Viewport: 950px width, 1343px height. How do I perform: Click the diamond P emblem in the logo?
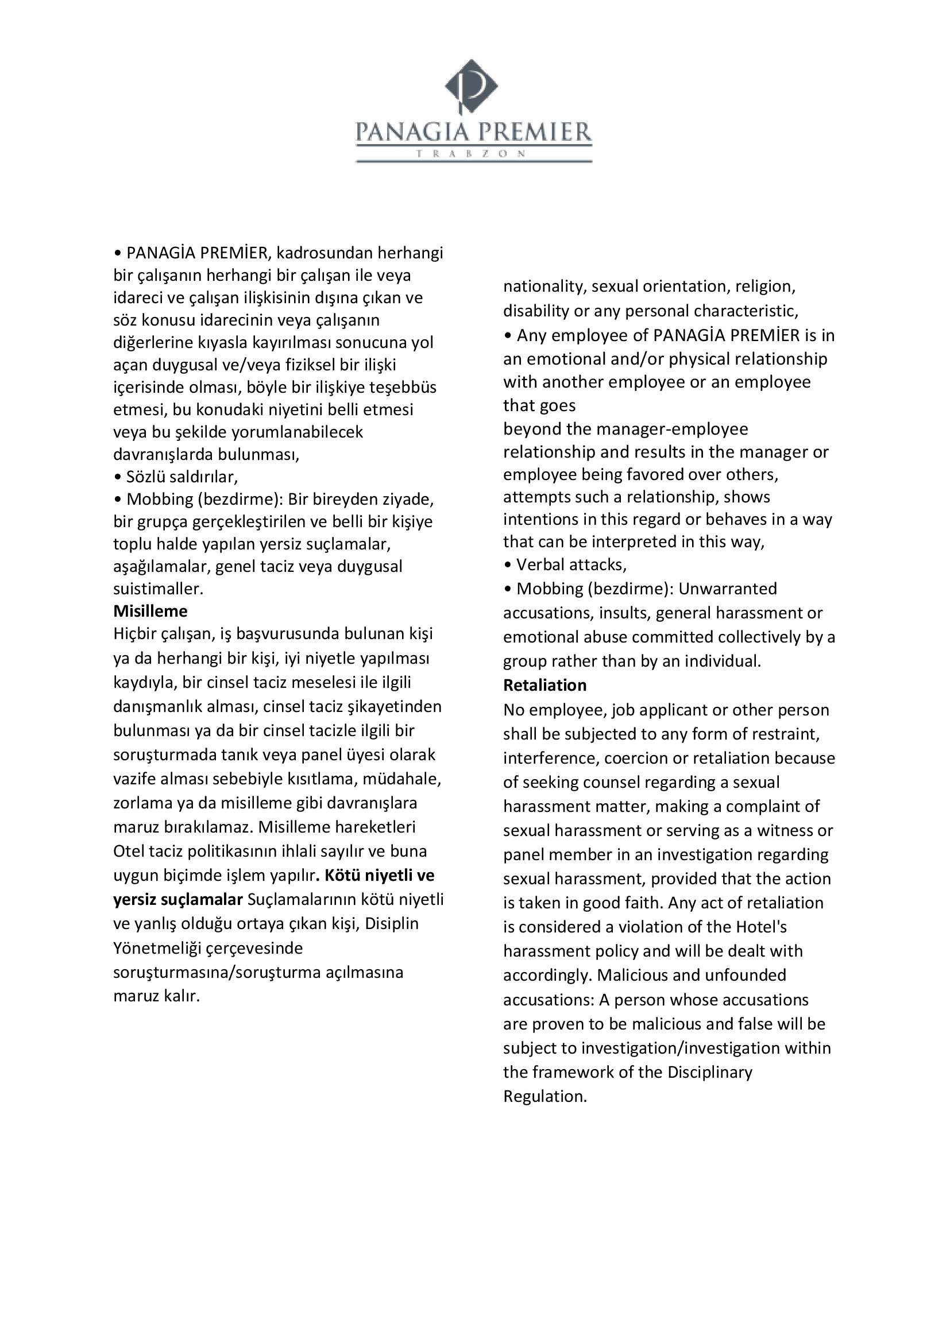coord(471,86)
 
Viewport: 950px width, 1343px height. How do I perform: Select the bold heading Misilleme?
coord(150,611)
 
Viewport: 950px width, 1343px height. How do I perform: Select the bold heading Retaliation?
coord(544,685)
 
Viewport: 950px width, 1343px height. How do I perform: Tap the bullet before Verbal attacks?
coord(508,565)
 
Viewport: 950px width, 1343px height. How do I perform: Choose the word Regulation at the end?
coord(544,1096)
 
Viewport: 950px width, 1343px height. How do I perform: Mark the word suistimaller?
coord(158,589)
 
